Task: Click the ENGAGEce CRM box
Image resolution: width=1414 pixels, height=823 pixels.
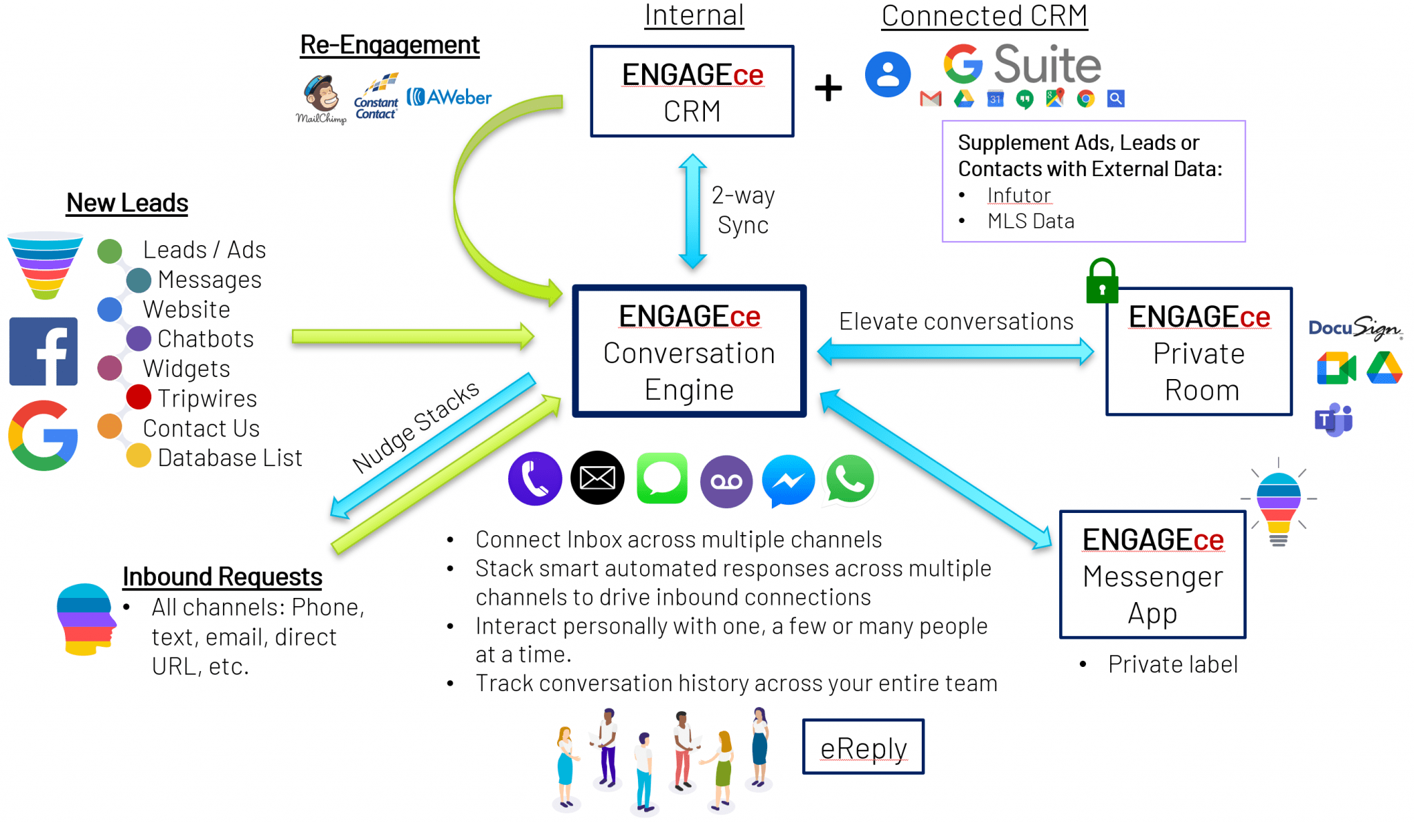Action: point(692,91)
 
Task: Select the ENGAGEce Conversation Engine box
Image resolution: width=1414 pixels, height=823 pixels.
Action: point(689,351)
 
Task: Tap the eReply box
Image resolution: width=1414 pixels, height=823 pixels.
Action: point(863,747)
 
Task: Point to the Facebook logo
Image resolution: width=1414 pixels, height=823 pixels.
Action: point(43,351)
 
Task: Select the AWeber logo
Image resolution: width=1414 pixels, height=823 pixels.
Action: point(449,97)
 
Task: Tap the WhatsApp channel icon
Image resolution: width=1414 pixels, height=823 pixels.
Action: point(850,479)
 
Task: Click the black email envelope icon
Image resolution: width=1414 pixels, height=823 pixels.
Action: point(597,478)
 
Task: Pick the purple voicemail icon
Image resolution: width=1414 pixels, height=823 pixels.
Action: point(726,481)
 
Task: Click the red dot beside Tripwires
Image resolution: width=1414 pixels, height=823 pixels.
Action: point(139,397)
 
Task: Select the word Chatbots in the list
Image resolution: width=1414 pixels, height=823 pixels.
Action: point(205,339)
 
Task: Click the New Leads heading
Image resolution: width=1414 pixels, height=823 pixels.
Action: point(127,203)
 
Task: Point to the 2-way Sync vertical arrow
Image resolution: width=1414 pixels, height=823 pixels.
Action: point(692,211)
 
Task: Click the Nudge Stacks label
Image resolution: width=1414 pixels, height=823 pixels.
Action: point(415,426)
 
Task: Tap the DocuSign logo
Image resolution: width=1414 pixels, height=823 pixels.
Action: point(1355,328)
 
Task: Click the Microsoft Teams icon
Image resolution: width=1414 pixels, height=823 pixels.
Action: point(1333,420)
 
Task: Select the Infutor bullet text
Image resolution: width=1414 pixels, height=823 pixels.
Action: point(1018,195)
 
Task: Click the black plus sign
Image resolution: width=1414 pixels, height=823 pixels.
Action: point(828,88)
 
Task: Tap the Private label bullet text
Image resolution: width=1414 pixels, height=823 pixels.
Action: point(1172,664)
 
